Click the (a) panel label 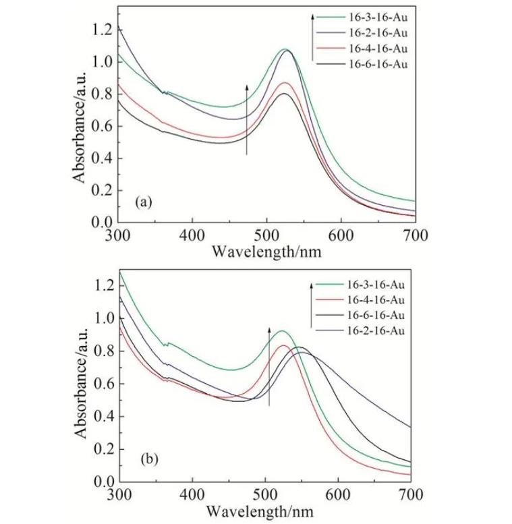(142, 202)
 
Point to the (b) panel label (149, 460)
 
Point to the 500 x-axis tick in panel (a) (267, 235)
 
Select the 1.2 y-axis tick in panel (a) (101, 30)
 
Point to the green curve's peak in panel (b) (283, 331)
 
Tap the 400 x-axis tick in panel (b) (193, 494)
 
